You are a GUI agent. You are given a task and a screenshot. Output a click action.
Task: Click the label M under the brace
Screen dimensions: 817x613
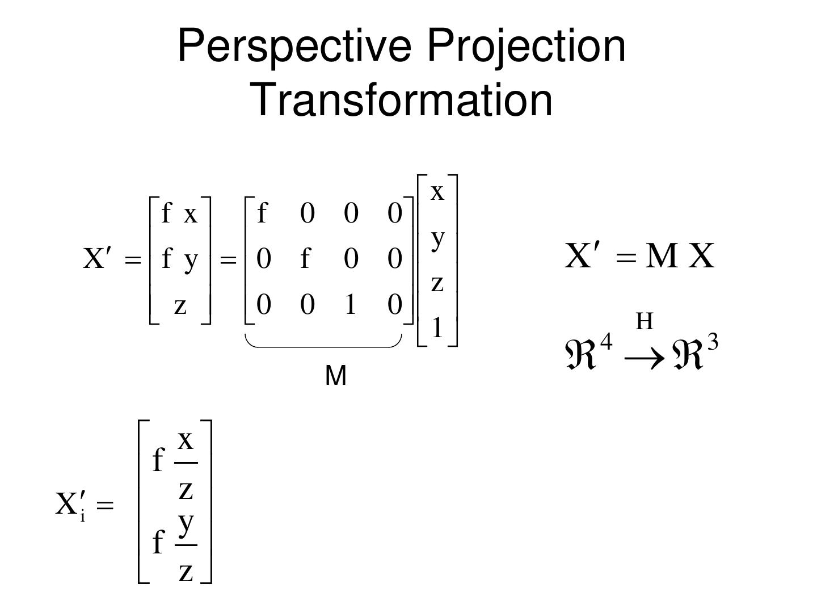pyautogui.click(x=336, y=376)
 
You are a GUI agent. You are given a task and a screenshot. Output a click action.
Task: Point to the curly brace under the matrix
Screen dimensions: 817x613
pyautogui.click(x=323, y=342)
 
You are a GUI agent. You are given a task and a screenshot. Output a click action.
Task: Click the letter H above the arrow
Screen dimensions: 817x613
pyautogui.click(x=645, y=322)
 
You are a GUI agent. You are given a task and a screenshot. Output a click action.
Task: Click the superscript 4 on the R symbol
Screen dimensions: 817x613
pyautogui.click(x=607, y=343)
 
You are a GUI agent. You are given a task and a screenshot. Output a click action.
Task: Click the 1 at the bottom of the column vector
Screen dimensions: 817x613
pyautogui.click(x=437, y=328)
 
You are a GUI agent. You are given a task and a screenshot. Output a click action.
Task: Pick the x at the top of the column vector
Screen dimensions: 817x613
pyautogui.click(x=437, y=192)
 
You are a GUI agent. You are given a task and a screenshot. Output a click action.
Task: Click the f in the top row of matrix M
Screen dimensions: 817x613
pyautogui.click(x=262, y=213)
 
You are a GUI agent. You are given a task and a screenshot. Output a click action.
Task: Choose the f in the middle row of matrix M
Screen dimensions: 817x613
pyautogui.click(x=305, y=259)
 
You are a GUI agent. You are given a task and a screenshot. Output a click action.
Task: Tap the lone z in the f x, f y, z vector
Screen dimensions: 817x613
pyautogui.click(x=180, y=306)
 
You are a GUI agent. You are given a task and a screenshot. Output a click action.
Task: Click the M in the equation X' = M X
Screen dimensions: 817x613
pyautogui.click(x=662, y=256)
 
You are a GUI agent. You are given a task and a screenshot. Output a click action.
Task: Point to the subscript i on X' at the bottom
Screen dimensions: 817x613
pyautogui.click(x=83, y=516)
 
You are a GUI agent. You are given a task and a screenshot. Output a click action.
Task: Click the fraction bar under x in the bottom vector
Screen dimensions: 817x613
pyautogui.click(x=186, y=463)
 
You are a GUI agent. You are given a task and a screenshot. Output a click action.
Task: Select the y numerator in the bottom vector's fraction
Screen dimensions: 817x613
pyautogui.click(x=186, y=522)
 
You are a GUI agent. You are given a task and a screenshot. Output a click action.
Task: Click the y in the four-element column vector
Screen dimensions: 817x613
pyautogui.click(x=437, y=238)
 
